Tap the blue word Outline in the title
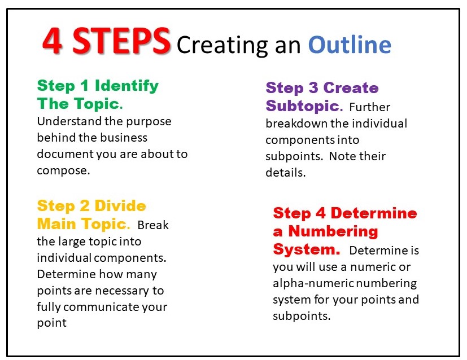[350, 43]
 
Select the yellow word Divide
[120, 206]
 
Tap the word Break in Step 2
[152, 225]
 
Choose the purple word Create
[351, 88]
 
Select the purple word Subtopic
[304, 106]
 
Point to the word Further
[369, 107]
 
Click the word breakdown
[295, 123]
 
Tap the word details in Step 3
[285, 173]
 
